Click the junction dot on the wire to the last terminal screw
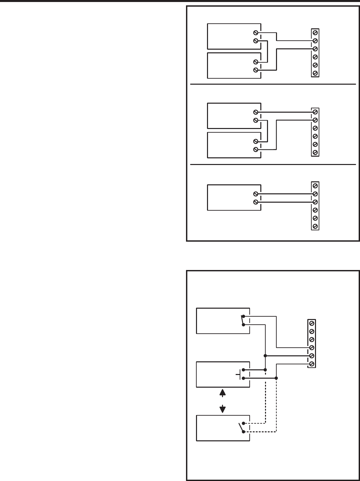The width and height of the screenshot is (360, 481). (276, 378)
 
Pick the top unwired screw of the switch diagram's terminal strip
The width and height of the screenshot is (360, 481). (312, 323)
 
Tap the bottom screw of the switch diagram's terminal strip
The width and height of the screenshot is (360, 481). (312, 364)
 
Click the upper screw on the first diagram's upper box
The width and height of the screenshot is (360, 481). (256, 33)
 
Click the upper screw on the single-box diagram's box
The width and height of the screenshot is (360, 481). (256, 194)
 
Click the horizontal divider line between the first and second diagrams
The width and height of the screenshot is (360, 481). (273, 84)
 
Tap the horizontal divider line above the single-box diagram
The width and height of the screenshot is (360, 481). (273, 164)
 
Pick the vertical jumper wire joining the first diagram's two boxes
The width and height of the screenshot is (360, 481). (268, 51)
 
